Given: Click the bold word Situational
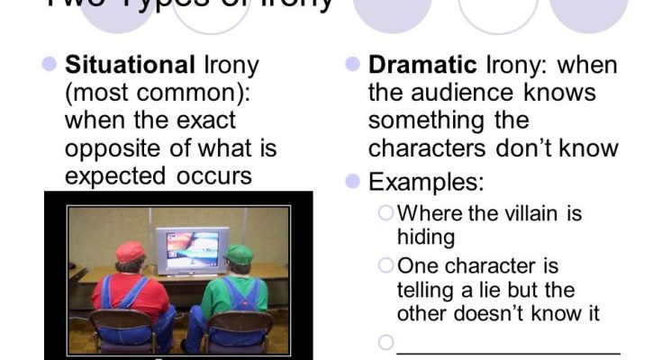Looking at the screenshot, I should coord(130,65).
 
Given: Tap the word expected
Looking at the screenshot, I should coord(112,175).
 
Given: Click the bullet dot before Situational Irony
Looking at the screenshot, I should coord(50,65).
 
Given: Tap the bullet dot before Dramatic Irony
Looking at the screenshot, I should coord(353,65).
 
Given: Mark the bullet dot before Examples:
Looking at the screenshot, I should coord(353,182).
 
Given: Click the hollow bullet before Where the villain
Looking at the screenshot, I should coord(386,213).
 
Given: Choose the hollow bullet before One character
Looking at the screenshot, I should coord(386,265).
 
